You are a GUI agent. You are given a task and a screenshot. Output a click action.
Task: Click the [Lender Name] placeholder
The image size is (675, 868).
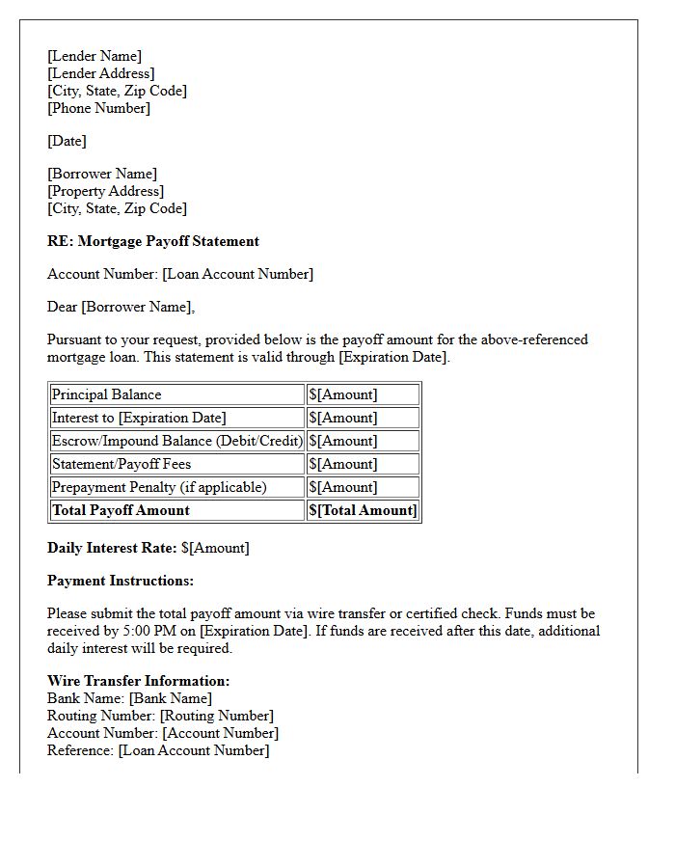pos(94,56)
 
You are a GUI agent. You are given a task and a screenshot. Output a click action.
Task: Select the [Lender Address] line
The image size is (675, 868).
pos(100,73)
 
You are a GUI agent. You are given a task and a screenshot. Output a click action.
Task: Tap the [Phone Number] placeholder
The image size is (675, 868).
pos(98,108)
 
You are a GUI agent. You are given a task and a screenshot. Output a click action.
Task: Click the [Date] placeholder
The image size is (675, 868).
pos(67,141)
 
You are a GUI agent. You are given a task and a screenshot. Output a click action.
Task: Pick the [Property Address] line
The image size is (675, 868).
pos(105,191)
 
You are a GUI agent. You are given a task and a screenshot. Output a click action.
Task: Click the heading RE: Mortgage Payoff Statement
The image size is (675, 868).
pos(153,241)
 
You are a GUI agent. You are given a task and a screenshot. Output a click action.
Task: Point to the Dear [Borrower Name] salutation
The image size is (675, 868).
pos(121,307)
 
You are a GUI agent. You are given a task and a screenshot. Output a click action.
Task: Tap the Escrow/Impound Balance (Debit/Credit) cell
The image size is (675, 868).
pos(176,441)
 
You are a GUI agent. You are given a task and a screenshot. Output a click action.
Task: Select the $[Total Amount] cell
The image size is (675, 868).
pos(363,510)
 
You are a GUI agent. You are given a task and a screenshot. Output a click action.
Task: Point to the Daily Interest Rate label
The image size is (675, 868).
pos(112,548)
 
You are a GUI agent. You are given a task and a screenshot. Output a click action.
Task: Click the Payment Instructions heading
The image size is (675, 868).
pos(121,581)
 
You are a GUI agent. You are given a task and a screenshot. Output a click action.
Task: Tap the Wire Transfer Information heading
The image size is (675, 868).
pos(138,681)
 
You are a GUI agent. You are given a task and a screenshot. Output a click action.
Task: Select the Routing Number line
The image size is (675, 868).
pos(160,716)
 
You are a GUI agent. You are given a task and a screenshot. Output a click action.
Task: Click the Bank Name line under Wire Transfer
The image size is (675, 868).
pos(129,698)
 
